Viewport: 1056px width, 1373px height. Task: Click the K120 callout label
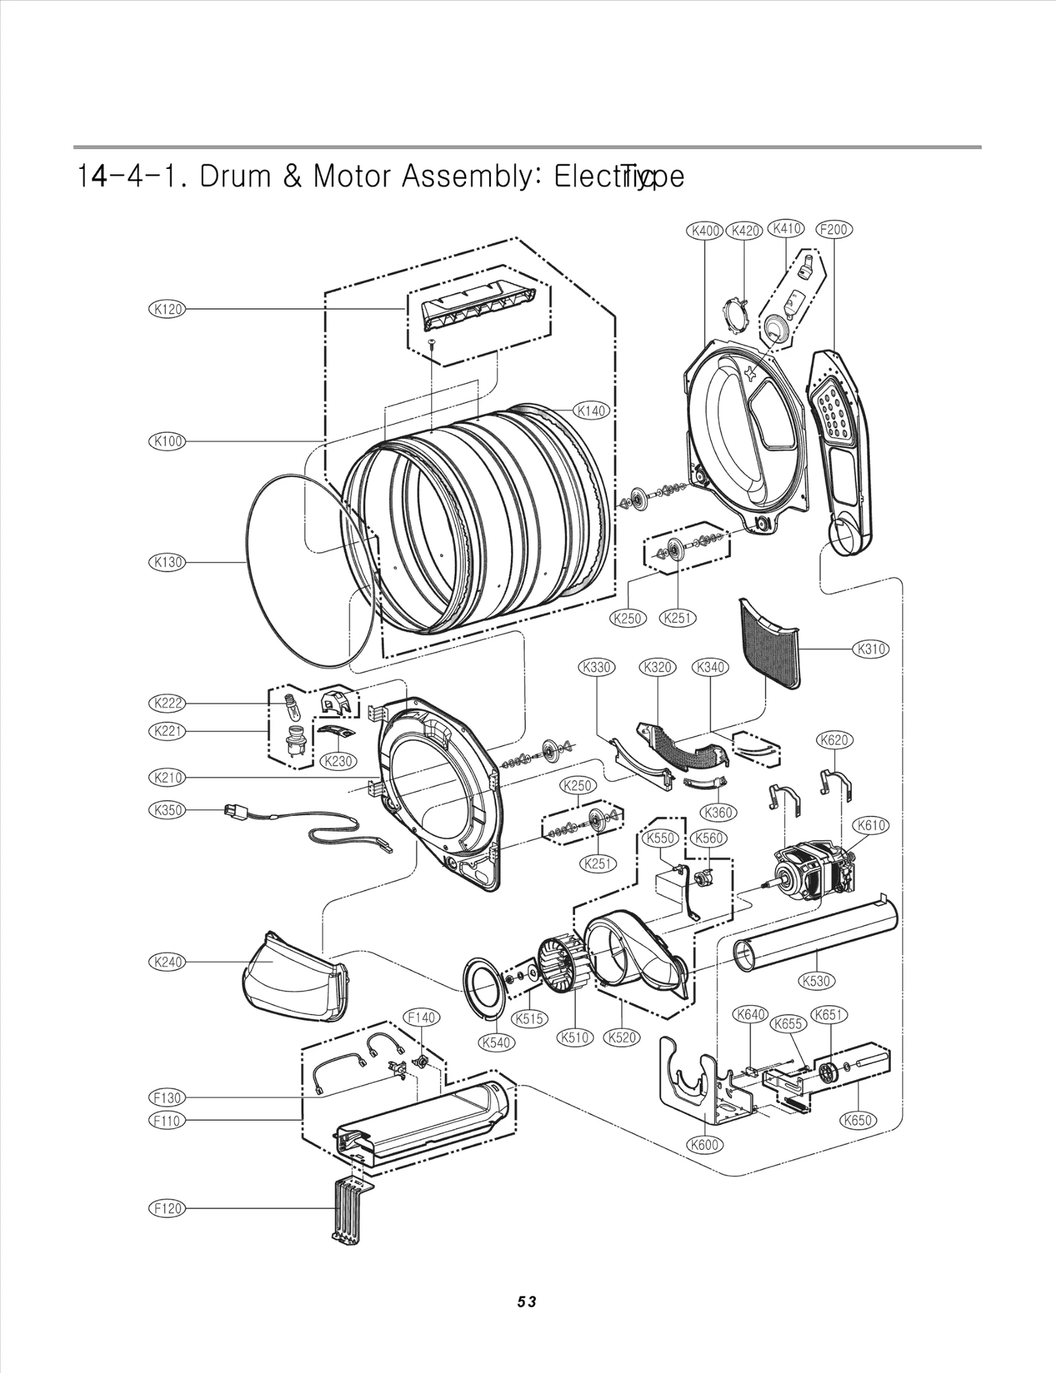167,309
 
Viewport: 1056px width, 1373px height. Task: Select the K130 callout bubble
167,562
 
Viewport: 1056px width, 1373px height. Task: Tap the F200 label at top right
834,230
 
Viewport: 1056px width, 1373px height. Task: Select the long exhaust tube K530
815,937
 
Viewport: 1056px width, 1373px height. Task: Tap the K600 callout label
704,1145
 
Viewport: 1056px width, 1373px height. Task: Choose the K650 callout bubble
858,1120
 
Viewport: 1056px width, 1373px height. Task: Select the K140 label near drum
591,411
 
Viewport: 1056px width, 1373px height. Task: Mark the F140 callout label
421,1018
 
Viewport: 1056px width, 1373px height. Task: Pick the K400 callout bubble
705,231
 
